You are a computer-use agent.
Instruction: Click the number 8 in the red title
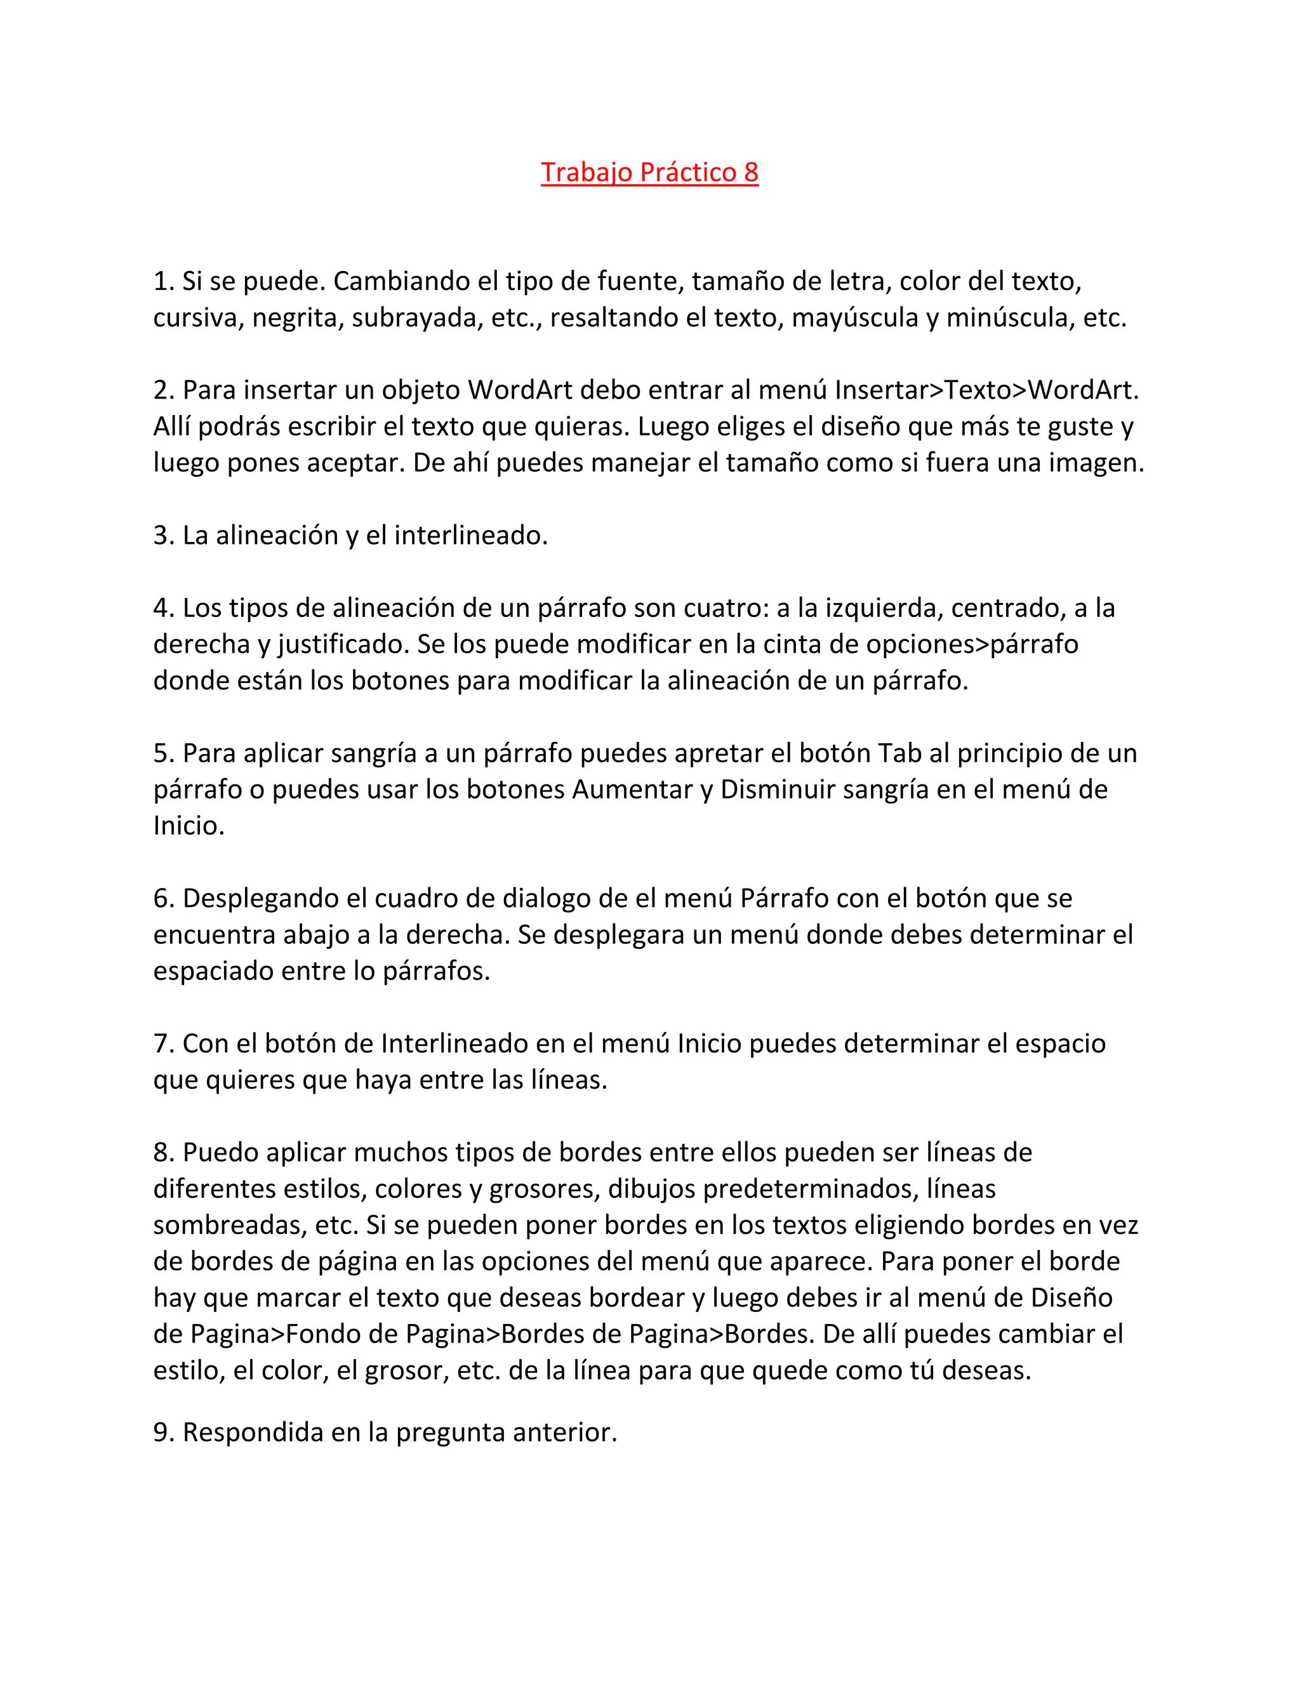tap(750, 172)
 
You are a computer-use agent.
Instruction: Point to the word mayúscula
tap(855, 317)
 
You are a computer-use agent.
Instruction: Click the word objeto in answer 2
tap(420, 390)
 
